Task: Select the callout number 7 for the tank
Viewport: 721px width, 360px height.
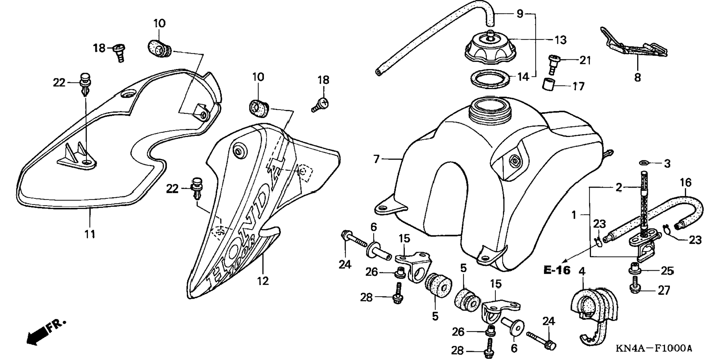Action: pyautogui.click(x=376, y=159)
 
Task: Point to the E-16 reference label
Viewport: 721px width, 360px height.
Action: pyautogui.click(x=557, y=270)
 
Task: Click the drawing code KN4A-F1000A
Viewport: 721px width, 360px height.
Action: pyautogui.click(x=654, y=349)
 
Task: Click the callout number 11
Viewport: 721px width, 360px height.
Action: pyautogui.click(x=89, y=234)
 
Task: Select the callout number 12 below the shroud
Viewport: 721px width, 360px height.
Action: pyautogui.click(x=263, y=281)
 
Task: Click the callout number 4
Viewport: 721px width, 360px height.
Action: pyautogui.click(x=582, y=272)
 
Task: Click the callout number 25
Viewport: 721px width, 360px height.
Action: pyautogui.click(x=667, y=271)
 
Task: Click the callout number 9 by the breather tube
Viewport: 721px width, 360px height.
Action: pyautogui.click(x=520, y=14)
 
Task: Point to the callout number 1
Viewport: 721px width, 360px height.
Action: pyautogui.click(x=574, y=215)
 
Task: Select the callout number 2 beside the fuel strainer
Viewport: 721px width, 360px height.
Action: pyautogui.click(x=619, y=187)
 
